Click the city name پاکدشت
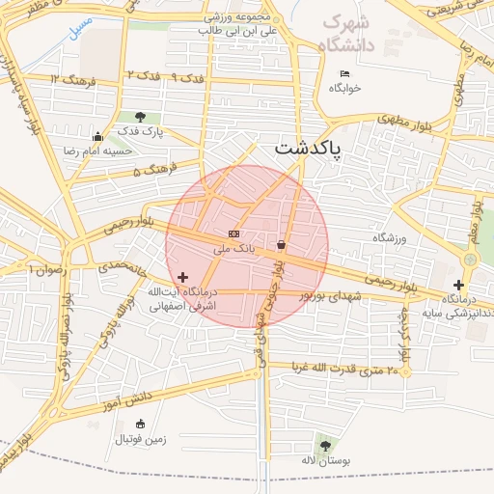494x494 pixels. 313,148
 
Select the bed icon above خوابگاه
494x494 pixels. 344,74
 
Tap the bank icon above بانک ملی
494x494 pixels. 233,233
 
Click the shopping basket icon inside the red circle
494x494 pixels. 281,244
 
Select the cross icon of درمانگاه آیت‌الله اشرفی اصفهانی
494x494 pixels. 182,278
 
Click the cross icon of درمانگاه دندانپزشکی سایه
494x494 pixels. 458,285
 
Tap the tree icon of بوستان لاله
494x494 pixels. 323,446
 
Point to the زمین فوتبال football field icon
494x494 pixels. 141,424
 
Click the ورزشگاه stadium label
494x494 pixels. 387,236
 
